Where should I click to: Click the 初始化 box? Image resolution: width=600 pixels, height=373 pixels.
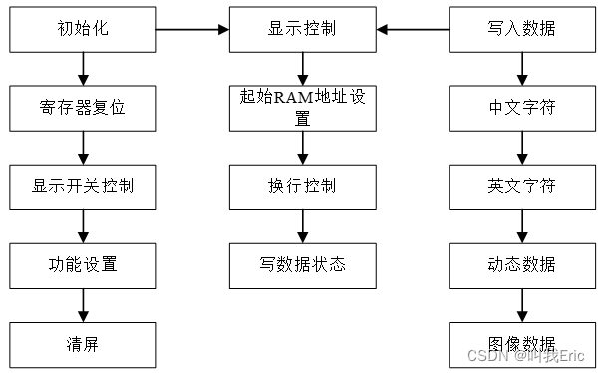(83, 29)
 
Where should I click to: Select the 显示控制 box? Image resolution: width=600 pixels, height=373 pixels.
(302, 29)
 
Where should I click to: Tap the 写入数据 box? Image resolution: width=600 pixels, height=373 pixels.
(522, 29)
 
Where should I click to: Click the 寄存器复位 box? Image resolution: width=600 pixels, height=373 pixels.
(83, 108)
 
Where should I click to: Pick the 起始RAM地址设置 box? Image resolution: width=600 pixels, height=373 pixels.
(302, 108)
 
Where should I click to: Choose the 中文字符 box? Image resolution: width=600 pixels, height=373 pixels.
(522, 108)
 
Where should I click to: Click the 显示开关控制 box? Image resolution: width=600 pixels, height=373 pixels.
(83, 186)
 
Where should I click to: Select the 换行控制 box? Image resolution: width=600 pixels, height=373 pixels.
(302, 186)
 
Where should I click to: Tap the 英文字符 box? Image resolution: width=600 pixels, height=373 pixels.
(522, 186)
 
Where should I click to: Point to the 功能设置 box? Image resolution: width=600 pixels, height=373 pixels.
(83, 265)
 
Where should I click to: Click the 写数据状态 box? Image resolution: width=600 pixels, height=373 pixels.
(302, 265)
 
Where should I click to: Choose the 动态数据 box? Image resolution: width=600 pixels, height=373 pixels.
(522, 265)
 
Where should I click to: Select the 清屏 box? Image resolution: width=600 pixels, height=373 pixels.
(83, 344)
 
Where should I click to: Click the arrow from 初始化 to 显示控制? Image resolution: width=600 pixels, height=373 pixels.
(192, 29)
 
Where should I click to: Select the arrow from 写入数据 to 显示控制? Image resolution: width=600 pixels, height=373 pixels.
(412, 29)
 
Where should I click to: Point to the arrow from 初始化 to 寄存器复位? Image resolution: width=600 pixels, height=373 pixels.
(83, 68)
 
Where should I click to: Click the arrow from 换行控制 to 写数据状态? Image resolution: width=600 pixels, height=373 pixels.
(302, 225)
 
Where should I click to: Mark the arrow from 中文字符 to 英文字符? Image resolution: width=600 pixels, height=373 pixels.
(522, 147)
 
